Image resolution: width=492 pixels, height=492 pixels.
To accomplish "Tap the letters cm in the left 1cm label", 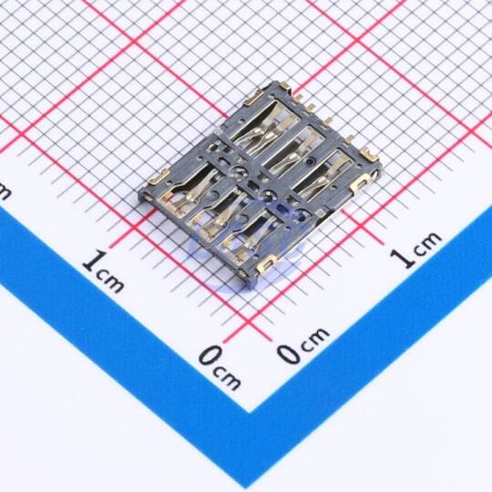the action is coord(110,281).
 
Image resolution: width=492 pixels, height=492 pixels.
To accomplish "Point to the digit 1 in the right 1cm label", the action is coord(403,258).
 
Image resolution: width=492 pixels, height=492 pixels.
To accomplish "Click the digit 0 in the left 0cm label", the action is coord(211,355).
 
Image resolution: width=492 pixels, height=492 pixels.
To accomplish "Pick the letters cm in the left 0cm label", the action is coord(227,376).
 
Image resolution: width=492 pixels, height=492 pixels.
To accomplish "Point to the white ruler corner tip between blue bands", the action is coord(250,412).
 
